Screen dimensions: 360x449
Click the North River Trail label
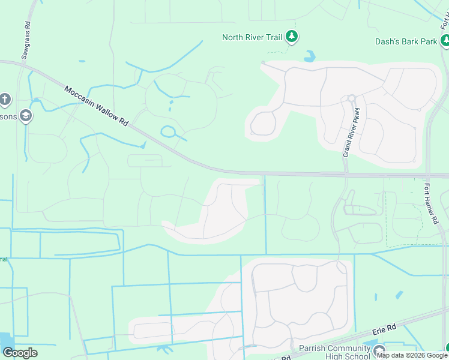(252, 37)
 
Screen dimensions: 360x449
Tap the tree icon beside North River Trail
(292, 37)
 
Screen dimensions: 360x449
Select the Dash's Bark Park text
(406, 41)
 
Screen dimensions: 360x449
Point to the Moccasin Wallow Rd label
(96, 105)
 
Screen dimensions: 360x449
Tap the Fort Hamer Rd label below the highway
(430, 203)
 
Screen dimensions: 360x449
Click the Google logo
(20, 353)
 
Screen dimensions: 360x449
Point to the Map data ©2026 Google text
(412, 355)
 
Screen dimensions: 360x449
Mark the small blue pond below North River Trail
(310, 57)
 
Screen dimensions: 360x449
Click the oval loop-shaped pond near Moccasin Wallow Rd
(168, 131)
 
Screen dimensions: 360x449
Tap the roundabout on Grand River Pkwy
(352, 99)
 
